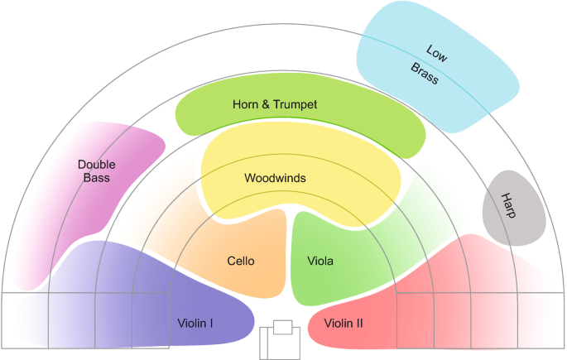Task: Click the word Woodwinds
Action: [276, 178]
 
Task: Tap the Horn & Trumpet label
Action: [276, 105]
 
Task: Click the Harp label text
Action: [509, 206]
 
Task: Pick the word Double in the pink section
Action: [97, 164]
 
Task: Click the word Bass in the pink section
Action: [96, 177]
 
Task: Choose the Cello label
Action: [240, 262]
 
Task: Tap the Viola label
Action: [320, 262]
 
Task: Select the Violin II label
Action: [343, 323]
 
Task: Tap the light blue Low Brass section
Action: [464, 91]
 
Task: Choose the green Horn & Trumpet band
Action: [372, 124]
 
